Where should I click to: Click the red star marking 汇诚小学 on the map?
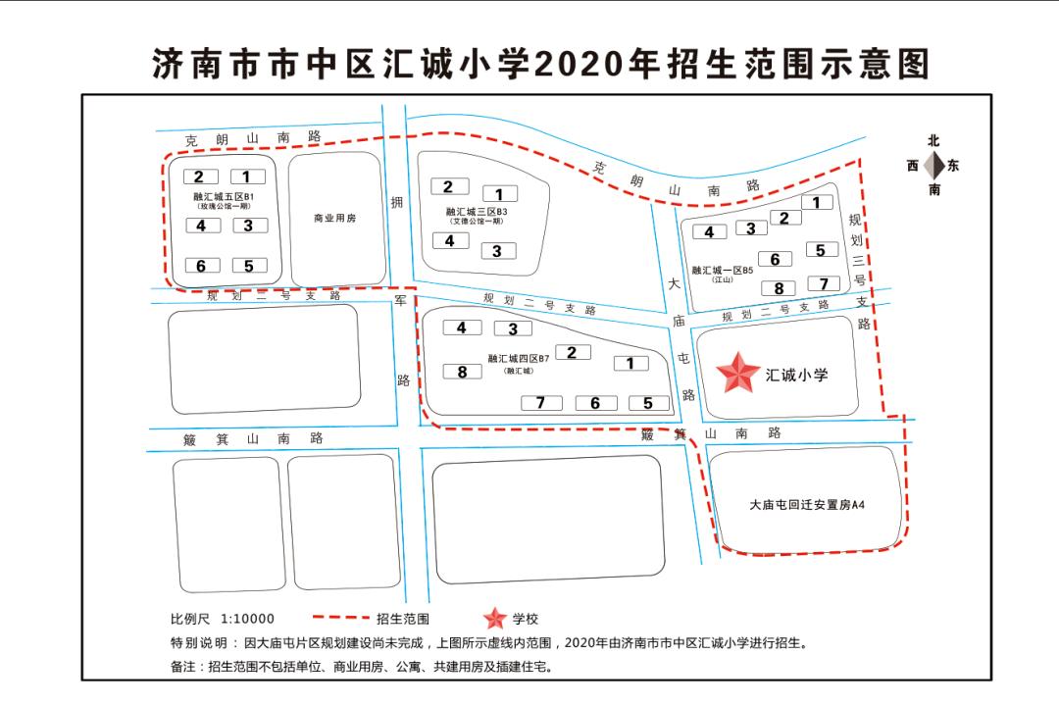point(738,374)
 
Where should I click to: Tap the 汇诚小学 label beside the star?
point(797,375)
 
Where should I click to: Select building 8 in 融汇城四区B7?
point(462,372)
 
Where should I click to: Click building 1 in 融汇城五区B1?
point(247,176)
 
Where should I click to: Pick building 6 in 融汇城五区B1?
point(201,266)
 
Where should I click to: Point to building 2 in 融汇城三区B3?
point(448,186)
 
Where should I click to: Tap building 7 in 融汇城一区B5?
point(824,283)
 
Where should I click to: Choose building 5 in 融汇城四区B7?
point(647,402)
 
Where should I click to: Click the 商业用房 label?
point(334,218)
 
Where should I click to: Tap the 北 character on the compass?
point(933,141)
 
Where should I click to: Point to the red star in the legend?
point(496,619)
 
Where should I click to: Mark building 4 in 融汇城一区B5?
point(709,232)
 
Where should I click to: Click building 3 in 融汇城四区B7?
point(512,328)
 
